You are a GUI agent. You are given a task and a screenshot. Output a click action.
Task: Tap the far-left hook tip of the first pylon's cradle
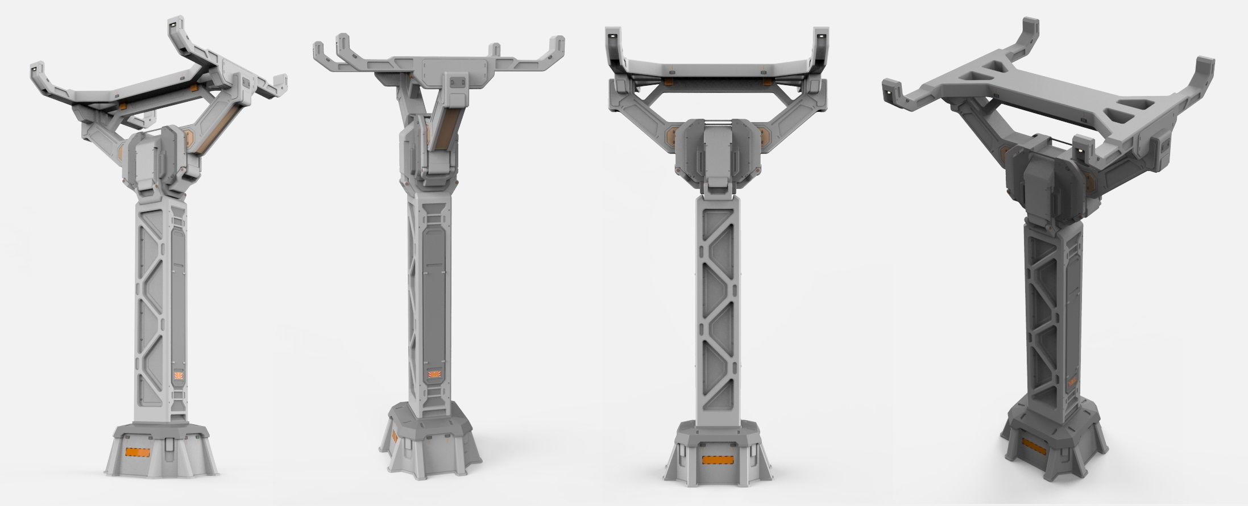(x=35, y=66)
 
